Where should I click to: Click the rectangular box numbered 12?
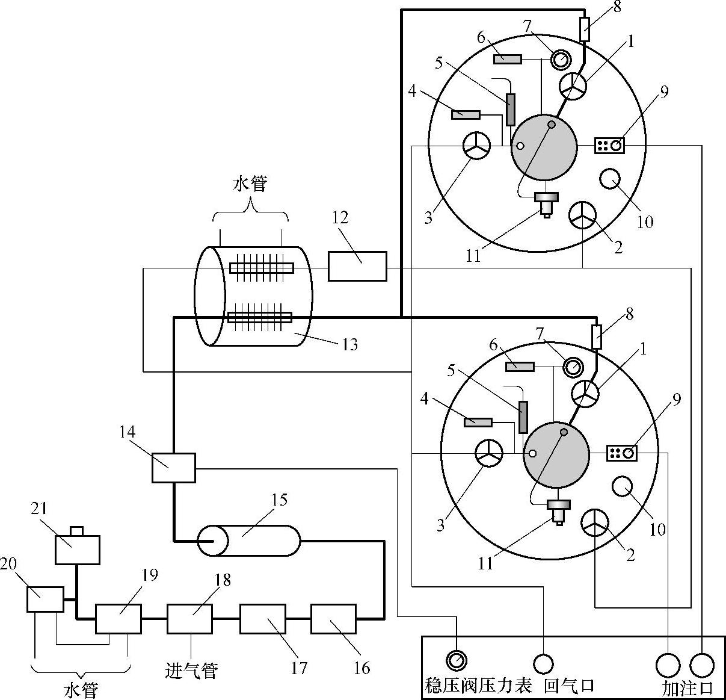(357, 266)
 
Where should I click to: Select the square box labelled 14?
(173, 468)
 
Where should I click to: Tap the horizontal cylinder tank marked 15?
(248, 540)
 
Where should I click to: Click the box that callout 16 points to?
(334, 619)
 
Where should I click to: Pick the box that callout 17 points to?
(263, 619)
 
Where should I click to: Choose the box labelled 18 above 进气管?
(190, 619)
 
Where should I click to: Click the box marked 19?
(118, 619)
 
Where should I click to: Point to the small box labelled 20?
(45, 599)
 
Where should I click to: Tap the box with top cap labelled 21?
(78, 546)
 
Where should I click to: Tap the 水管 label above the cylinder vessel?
(250, 184)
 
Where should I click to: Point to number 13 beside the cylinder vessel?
(350, 344)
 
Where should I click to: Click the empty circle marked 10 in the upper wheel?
(610, 179)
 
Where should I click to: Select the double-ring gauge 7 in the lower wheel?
(573, 368)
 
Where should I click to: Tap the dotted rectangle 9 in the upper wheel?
(609, 145)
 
